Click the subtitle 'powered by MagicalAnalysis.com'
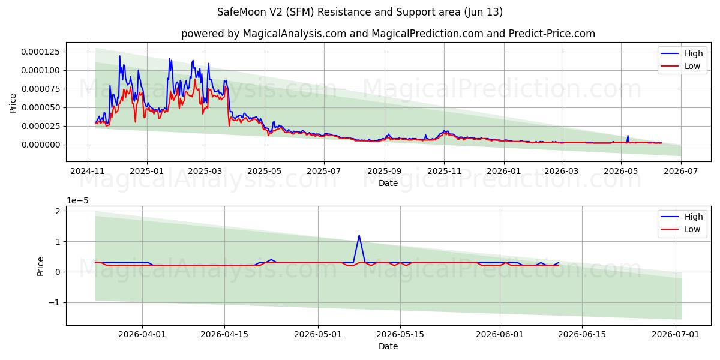coord(263,34)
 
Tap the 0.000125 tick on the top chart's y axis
coord(41,52)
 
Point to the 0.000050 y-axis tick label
coord(41,107)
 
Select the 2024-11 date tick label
coord(88,171)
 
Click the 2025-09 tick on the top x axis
coord(385,171)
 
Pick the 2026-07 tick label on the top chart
coord(681,171)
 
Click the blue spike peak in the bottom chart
coord(359,235)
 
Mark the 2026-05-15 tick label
coord(400,334)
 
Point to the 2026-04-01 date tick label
coord(142,334)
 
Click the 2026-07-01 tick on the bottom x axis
coord(676,334)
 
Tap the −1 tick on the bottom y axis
coord(55,303)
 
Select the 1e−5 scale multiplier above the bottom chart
coord(77,200)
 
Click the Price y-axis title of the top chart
coord(13,103)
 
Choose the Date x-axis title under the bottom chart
coord(388,347)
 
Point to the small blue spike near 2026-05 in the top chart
coord(628,136)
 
